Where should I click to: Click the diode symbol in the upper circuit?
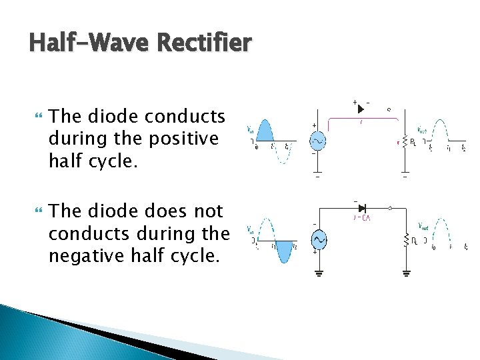361,108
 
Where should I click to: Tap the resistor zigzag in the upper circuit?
404,142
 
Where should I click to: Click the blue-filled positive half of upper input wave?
264,131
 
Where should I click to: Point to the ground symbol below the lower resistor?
405,273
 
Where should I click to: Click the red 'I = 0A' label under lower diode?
363,217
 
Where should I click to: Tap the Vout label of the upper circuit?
422,130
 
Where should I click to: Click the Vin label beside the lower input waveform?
250,230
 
